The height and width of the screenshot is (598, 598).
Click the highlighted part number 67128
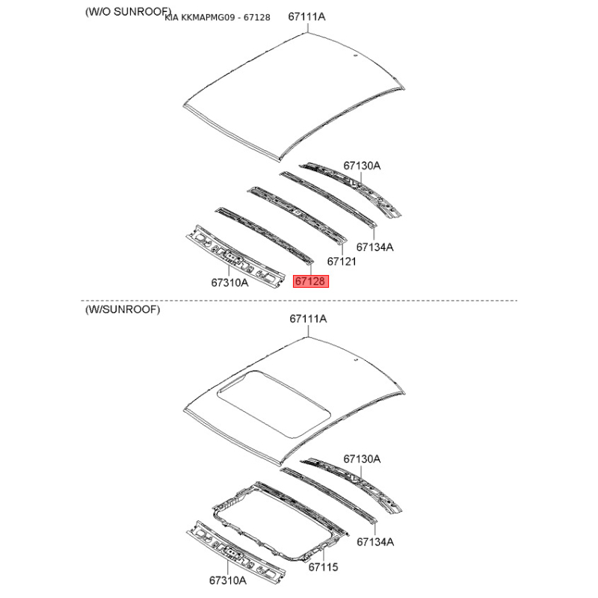click(x=310, y=282)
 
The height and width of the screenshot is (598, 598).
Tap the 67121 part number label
click(x=342, y=261)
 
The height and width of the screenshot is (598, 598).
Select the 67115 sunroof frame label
click(x=324, y=567)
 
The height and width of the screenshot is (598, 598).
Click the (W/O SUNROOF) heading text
click(x=128, y=12)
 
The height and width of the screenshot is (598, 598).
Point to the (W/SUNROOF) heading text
click(x=123, y=309)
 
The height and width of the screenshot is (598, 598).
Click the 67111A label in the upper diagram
click(x=306, y=16)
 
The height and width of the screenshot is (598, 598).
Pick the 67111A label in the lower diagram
click(x=308, y=319)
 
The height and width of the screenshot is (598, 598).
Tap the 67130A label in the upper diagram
click(x=362, y=165)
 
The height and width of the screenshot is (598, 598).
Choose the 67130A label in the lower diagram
click(x=362, y=459)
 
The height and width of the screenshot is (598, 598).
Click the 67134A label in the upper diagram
click(x=375, y=247)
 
